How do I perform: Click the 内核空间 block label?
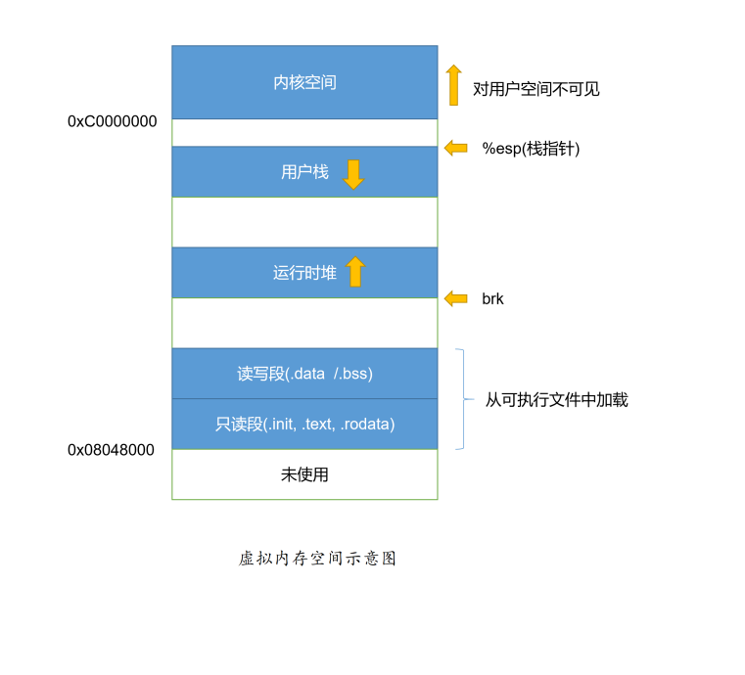304,83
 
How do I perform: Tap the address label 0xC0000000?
112,122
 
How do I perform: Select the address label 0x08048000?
111,450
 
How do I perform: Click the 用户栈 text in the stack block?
304,173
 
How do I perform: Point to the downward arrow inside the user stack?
353,174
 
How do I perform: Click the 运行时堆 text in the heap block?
304,273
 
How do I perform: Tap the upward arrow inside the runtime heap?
354,272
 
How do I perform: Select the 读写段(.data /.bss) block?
304,374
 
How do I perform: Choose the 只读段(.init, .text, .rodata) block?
304,425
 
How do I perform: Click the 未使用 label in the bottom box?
304,475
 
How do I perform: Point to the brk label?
492,299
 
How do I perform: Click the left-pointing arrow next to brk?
455,299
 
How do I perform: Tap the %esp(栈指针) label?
531,149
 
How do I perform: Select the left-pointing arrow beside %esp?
455,148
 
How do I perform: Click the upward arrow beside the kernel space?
453,85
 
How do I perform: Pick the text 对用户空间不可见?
535,89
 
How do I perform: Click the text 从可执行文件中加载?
556,400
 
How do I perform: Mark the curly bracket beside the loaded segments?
461,399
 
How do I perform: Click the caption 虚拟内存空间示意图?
317,559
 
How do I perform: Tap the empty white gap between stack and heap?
304,222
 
